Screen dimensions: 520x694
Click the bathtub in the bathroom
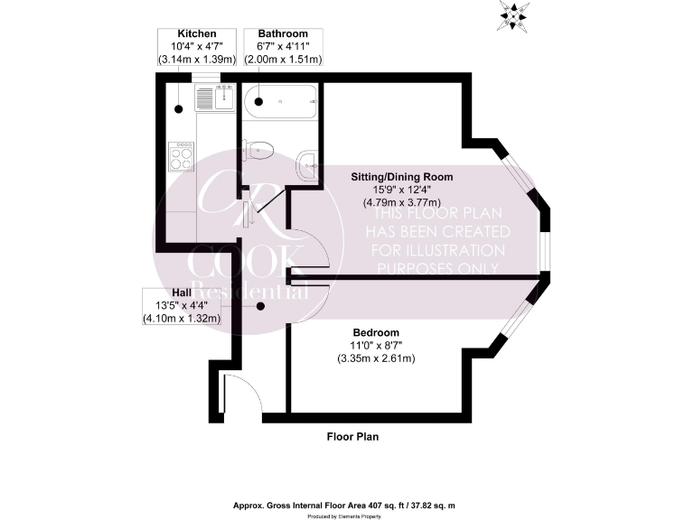(280, 100)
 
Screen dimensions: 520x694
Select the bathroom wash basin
(306, 163)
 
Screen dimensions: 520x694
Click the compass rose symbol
(516, 15)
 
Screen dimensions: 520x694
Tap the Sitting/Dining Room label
(402, 176)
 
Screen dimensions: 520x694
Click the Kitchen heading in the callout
(197, 33)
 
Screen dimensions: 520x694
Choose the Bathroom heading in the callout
(283, 33)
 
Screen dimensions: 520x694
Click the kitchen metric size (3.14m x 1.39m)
(197, 60)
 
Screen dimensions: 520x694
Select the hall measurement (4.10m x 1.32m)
(181, 319)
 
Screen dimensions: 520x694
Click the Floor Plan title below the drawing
(352, 437)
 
